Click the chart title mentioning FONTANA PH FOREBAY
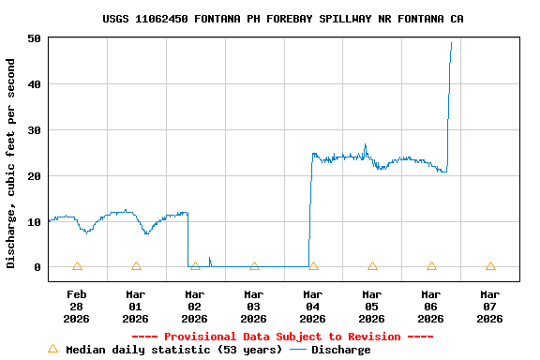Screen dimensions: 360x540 point(283,19)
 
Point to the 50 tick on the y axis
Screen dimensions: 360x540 point(34,38)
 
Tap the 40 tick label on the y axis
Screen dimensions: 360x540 point(34,84)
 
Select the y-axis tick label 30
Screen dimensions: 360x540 point(34,130)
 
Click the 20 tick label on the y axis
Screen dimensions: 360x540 point(34,176)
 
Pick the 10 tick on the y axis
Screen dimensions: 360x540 point(34,222)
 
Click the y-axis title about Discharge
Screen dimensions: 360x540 point(11,163)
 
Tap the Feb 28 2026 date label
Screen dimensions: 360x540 point(77,307)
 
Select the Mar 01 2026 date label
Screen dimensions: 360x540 point(136,307)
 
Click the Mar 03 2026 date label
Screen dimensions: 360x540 point(254,307)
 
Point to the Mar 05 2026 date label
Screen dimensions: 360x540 point(372,307)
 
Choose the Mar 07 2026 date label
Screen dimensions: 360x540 point(490,307)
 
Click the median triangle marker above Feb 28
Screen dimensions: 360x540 point(77,266)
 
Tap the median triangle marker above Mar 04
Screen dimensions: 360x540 point(313,266)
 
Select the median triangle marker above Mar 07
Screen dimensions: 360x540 point(490,266)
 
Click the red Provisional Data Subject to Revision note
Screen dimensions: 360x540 point(282,337)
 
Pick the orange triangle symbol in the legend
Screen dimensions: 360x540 point(52,349)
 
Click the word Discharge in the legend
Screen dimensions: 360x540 point(340,350)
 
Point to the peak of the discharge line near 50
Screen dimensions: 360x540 point(451,42)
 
